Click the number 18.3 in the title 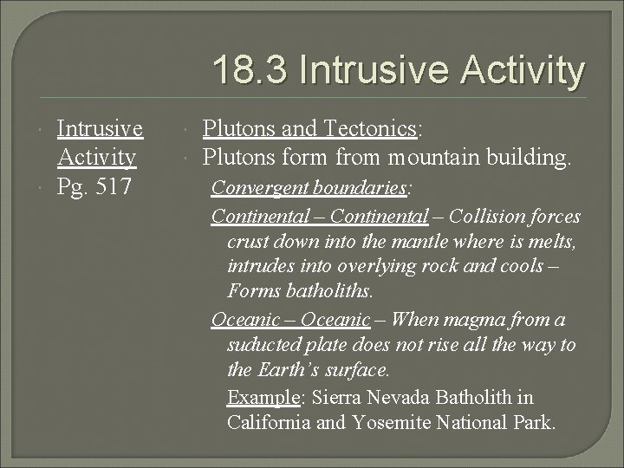tap(250, 71)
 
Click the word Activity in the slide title tap(523, 71)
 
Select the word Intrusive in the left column tap(100, 129)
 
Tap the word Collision tap(491, 216)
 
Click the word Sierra tap(336, 398)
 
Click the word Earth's tap(289, 371)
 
